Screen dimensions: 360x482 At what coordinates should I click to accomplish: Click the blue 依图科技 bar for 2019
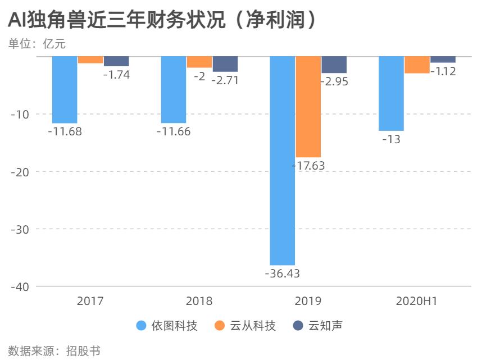[x=282, y=161]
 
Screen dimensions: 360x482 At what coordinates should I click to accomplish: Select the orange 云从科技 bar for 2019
[x=308, y=107]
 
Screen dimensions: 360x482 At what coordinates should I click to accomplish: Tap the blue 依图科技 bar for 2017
[x=65, y=90]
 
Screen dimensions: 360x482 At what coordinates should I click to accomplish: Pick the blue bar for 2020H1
[x=391, y=93]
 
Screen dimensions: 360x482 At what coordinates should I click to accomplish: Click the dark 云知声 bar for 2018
[x=225, y=64]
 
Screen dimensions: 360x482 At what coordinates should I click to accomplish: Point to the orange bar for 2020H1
[x=417, y=65]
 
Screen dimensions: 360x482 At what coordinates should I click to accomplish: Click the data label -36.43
[x=282, y=274]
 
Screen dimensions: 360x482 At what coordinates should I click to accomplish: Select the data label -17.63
[x=308, y=166]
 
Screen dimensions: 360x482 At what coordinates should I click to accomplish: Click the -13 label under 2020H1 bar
[x=391, y=139]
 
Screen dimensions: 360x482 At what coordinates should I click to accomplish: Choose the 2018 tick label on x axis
[x=199, y=301]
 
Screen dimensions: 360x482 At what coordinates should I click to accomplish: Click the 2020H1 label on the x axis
[x=417, y=301]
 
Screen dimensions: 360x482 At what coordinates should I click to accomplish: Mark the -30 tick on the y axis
[x=21, y=229]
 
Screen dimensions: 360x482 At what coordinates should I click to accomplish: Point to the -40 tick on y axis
[x=21, y=286]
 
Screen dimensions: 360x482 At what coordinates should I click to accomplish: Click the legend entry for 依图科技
[x=167, y=326]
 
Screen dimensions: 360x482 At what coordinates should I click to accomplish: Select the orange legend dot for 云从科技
[x=220, y=326]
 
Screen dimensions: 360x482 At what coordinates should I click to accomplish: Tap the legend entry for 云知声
[x=319, y=326]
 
